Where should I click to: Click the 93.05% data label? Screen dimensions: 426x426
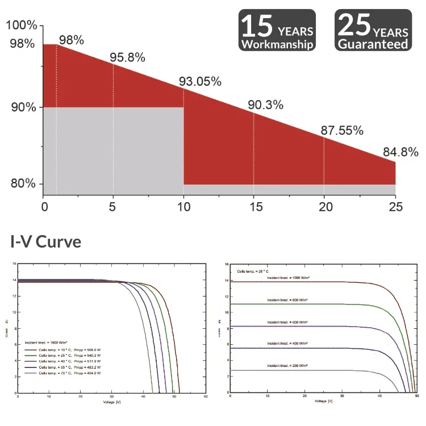(200, 81)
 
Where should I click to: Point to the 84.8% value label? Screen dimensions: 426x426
(400, 152)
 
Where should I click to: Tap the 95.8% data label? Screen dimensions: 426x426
(127, 57)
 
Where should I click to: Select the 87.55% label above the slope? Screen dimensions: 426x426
(342, 130)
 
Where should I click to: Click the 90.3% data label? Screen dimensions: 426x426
(265, 105)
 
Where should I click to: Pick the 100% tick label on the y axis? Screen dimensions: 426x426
(23, 26)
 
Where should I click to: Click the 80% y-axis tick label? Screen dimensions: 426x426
(23, 184)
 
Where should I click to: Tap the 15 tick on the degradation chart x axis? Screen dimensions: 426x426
(253, 208)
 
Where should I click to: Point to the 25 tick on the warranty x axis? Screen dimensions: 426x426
(395, 208)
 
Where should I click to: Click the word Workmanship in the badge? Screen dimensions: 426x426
(277, 44)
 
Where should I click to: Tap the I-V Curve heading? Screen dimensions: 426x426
(46, 241)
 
